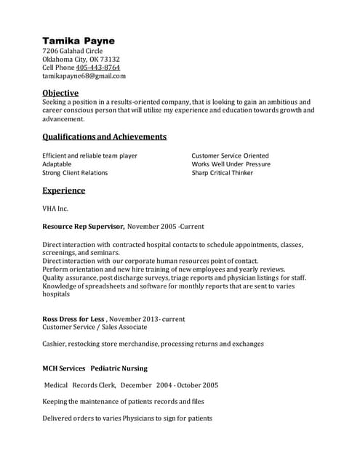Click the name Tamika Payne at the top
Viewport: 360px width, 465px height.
[79, 40]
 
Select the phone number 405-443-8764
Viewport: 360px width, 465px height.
[98, 68]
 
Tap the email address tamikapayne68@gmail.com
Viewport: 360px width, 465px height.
[84, 76]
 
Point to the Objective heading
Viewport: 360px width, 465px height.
[60, 93]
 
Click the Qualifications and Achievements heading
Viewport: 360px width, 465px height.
[104, 137]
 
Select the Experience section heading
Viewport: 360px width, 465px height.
[63, 190]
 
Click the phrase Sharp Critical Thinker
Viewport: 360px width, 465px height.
[223, 173]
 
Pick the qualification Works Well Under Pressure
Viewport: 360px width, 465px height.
[231, 164]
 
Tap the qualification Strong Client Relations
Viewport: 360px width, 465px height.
[75, 173]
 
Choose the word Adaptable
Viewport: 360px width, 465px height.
[57, 164]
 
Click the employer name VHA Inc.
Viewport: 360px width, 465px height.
[55, 209]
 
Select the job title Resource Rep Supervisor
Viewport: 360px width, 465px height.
[83, 226]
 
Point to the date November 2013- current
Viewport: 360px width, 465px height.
[148, 319]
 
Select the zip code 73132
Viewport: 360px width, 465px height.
[110, 59]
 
